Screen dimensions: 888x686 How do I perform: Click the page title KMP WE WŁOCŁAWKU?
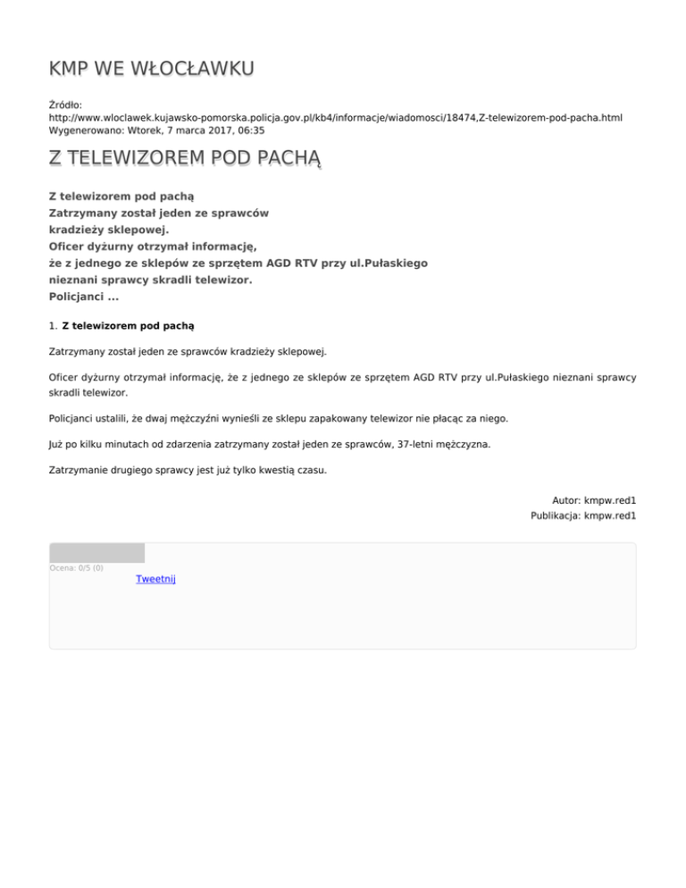(151, 69)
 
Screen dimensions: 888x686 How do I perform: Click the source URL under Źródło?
(335, 117)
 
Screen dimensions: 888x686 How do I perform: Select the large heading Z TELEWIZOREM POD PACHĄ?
(185, 159)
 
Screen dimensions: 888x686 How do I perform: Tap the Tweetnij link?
(155, 579)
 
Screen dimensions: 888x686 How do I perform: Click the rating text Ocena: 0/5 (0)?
(76, 567)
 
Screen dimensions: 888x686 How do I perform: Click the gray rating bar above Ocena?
(96, 553)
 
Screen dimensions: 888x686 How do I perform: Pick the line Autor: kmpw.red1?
(594, 501)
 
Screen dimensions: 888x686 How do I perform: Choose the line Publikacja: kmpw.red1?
(582, 515)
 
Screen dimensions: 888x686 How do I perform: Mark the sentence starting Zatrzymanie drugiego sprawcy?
(187, 469)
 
